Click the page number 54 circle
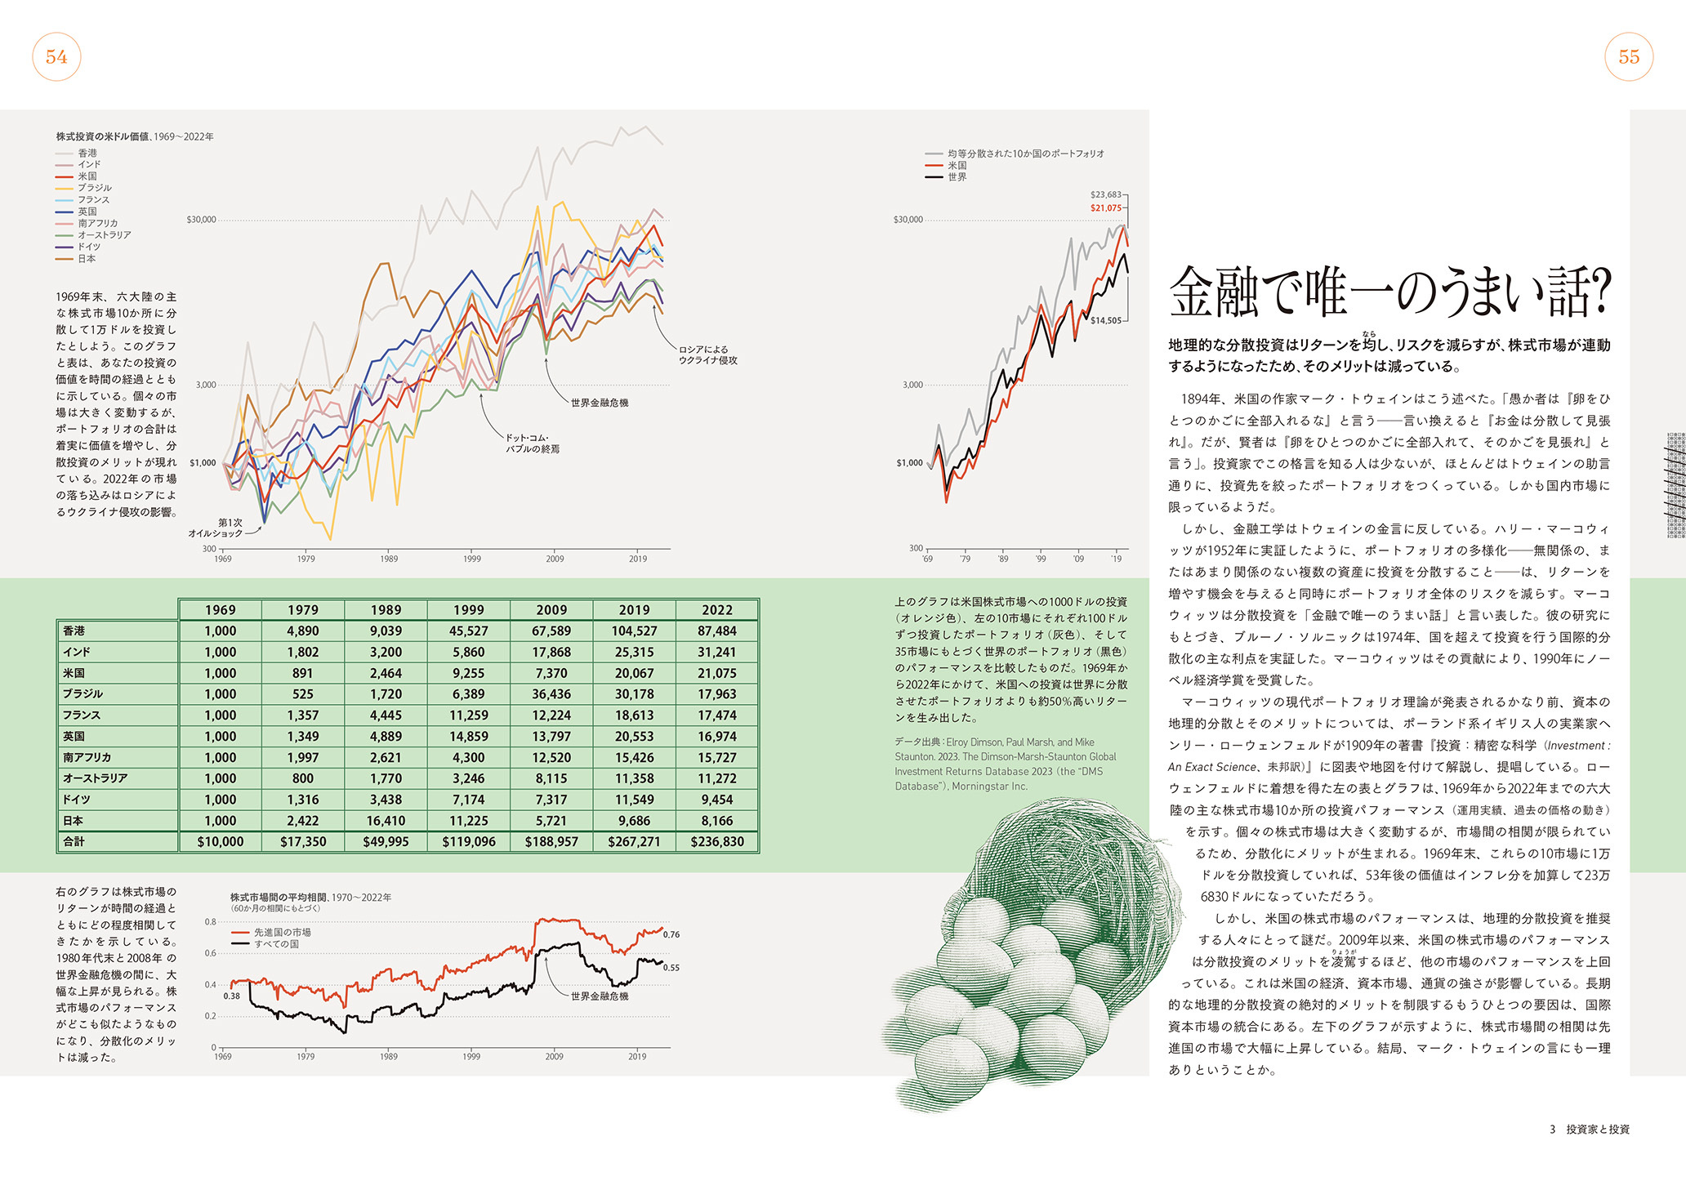[56, 56]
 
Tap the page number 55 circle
[1629, 56]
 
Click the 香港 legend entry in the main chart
[77, 153]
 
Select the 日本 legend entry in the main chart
[77, 259]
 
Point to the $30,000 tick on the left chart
[201, 220]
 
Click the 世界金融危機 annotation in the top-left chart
[600, 403]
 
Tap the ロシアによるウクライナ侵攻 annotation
[707, 354]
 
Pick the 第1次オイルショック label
[216, 528]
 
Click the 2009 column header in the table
[551, 610]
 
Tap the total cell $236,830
[717, 842]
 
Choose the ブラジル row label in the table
[83, 694]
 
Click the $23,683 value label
[1106, 194]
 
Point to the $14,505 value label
[1106, 320]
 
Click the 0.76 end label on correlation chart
[671, 934]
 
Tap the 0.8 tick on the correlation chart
[211, 922]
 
